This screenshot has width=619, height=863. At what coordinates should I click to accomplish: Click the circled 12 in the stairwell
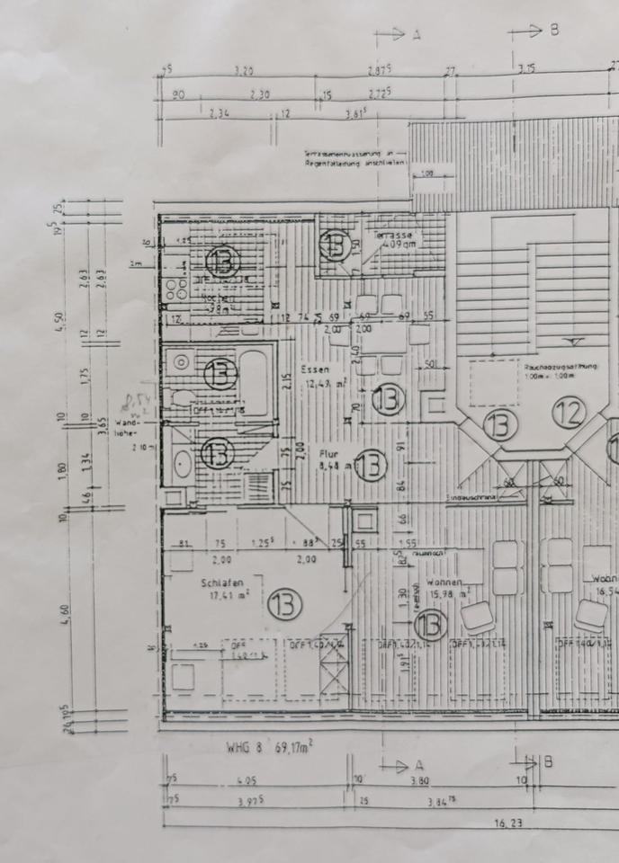pyautogui.click(x=569, y=413)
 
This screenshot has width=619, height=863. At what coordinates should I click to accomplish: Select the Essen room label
pyautogui.click(x=316, y=369)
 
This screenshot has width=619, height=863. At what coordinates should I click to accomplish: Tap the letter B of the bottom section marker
pyautogui.click(x=548, y=762)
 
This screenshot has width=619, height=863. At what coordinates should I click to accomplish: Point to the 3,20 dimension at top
pyautogui.click(x=244, y=69)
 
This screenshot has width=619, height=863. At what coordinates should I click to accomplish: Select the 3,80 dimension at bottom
pyautogui.click(x=419, y=781)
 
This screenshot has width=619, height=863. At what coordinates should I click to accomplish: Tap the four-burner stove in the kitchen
pyautogui.click(x=170, y=289)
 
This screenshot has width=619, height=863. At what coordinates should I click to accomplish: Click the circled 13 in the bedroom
pyautogui.click(x=284, y=605)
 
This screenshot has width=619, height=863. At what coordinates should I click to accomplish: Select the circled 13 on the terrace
pyautogui.click(x=334, y=243)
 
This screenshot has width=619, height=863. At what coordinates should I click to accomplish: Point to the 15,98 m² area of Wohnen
pyautogui.click(x=450, y=592)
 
